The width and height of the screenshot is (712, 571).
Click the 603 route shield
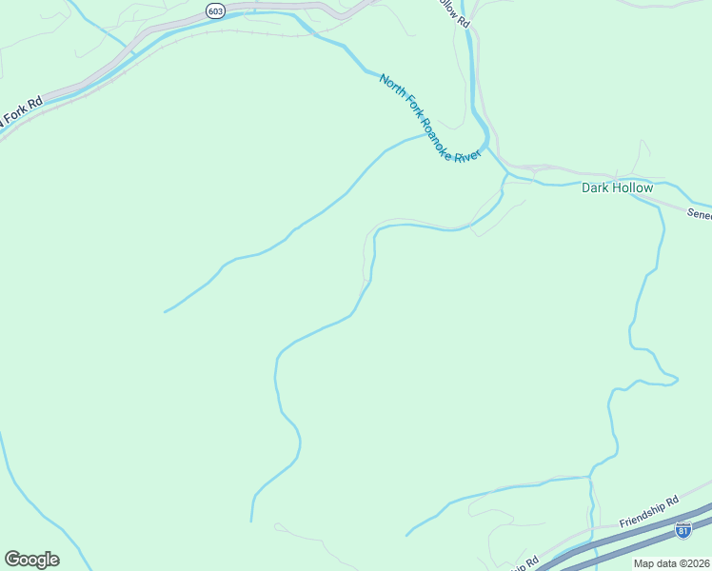pos(214,10)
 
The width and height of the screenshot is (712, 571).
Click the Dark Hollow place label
pos(618,187)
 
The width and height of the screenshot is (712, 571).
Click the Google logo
pos(31,560)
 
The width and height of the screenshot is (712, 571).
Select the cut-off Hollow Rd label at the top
pos(457,11)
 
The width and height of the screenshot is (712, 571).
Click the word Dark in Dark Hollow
pos(596,187)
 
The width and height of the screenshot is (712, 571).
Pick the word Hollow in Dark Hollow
pos(633,187)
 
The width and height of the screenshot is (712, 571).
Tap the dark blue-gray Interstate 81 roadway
pos(628,544)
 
